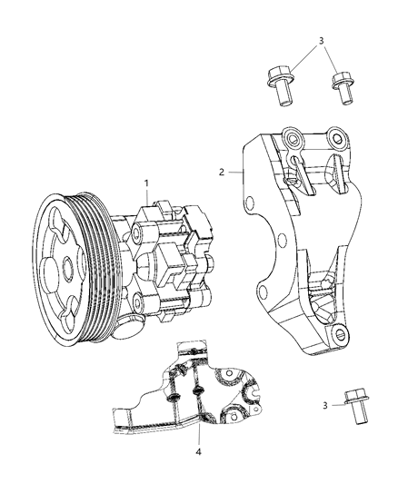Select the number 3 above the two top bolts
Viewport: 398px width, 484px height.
click(x=321, y=42)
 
